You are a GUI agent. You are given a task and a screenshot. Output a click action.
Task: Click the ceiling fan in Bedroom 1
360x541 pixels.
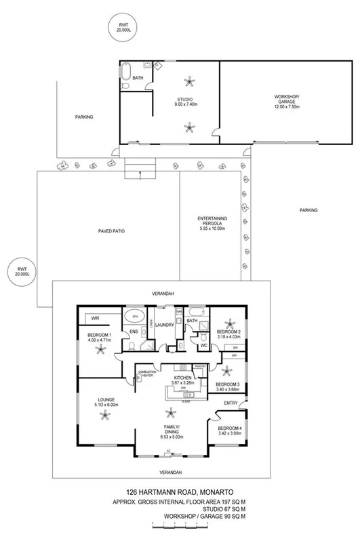point(101,350)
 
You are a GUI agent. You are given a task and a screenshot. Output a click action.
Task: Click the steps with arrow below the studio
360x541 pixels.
point(140,167)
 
